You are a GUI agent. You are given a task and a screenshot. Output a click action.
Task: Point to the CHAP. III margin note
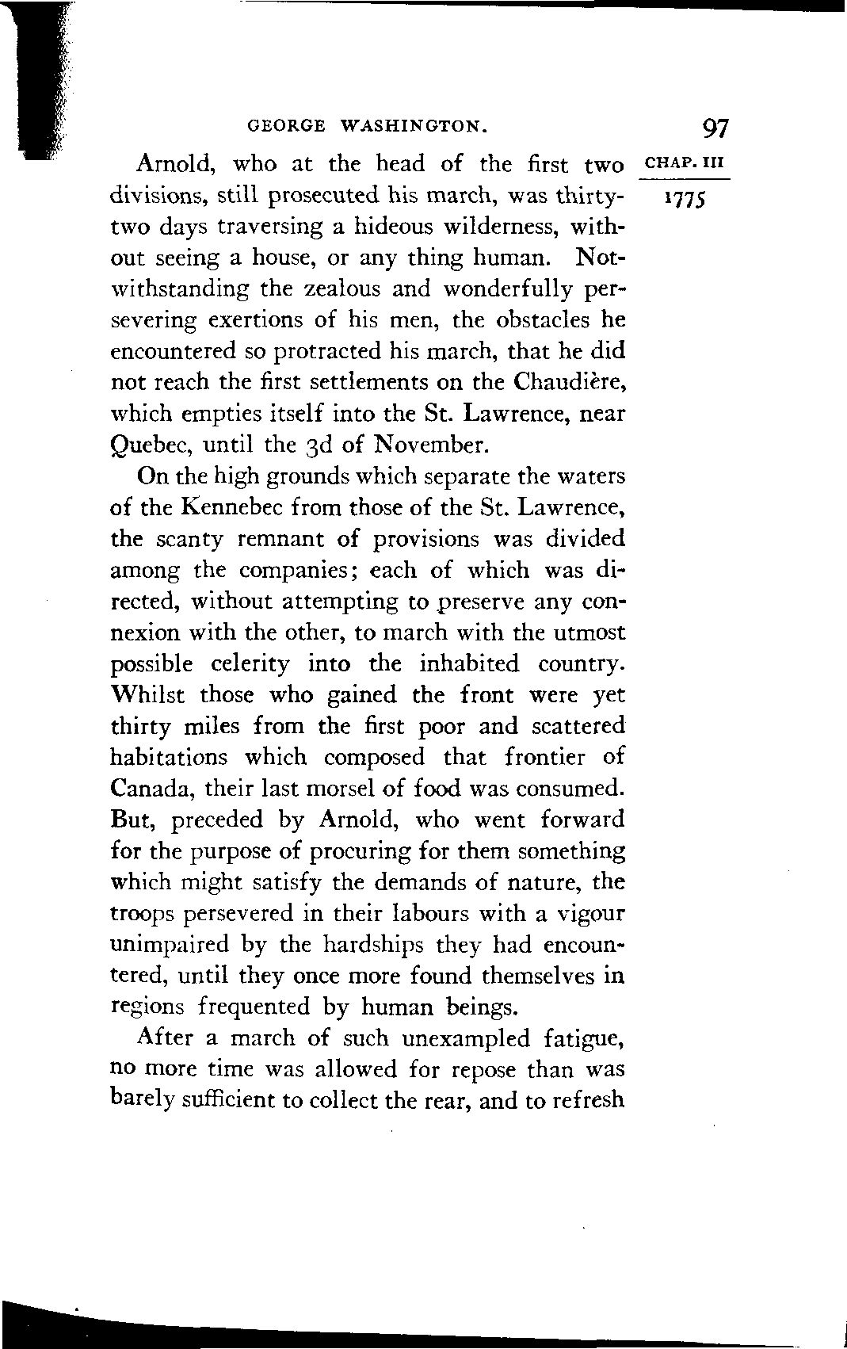(682, 164)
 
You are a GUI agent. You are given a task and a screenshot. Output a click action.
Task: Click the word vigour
(592, 914)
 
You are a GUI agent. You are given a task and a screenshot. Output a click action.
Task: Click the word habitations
(169, 757)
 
